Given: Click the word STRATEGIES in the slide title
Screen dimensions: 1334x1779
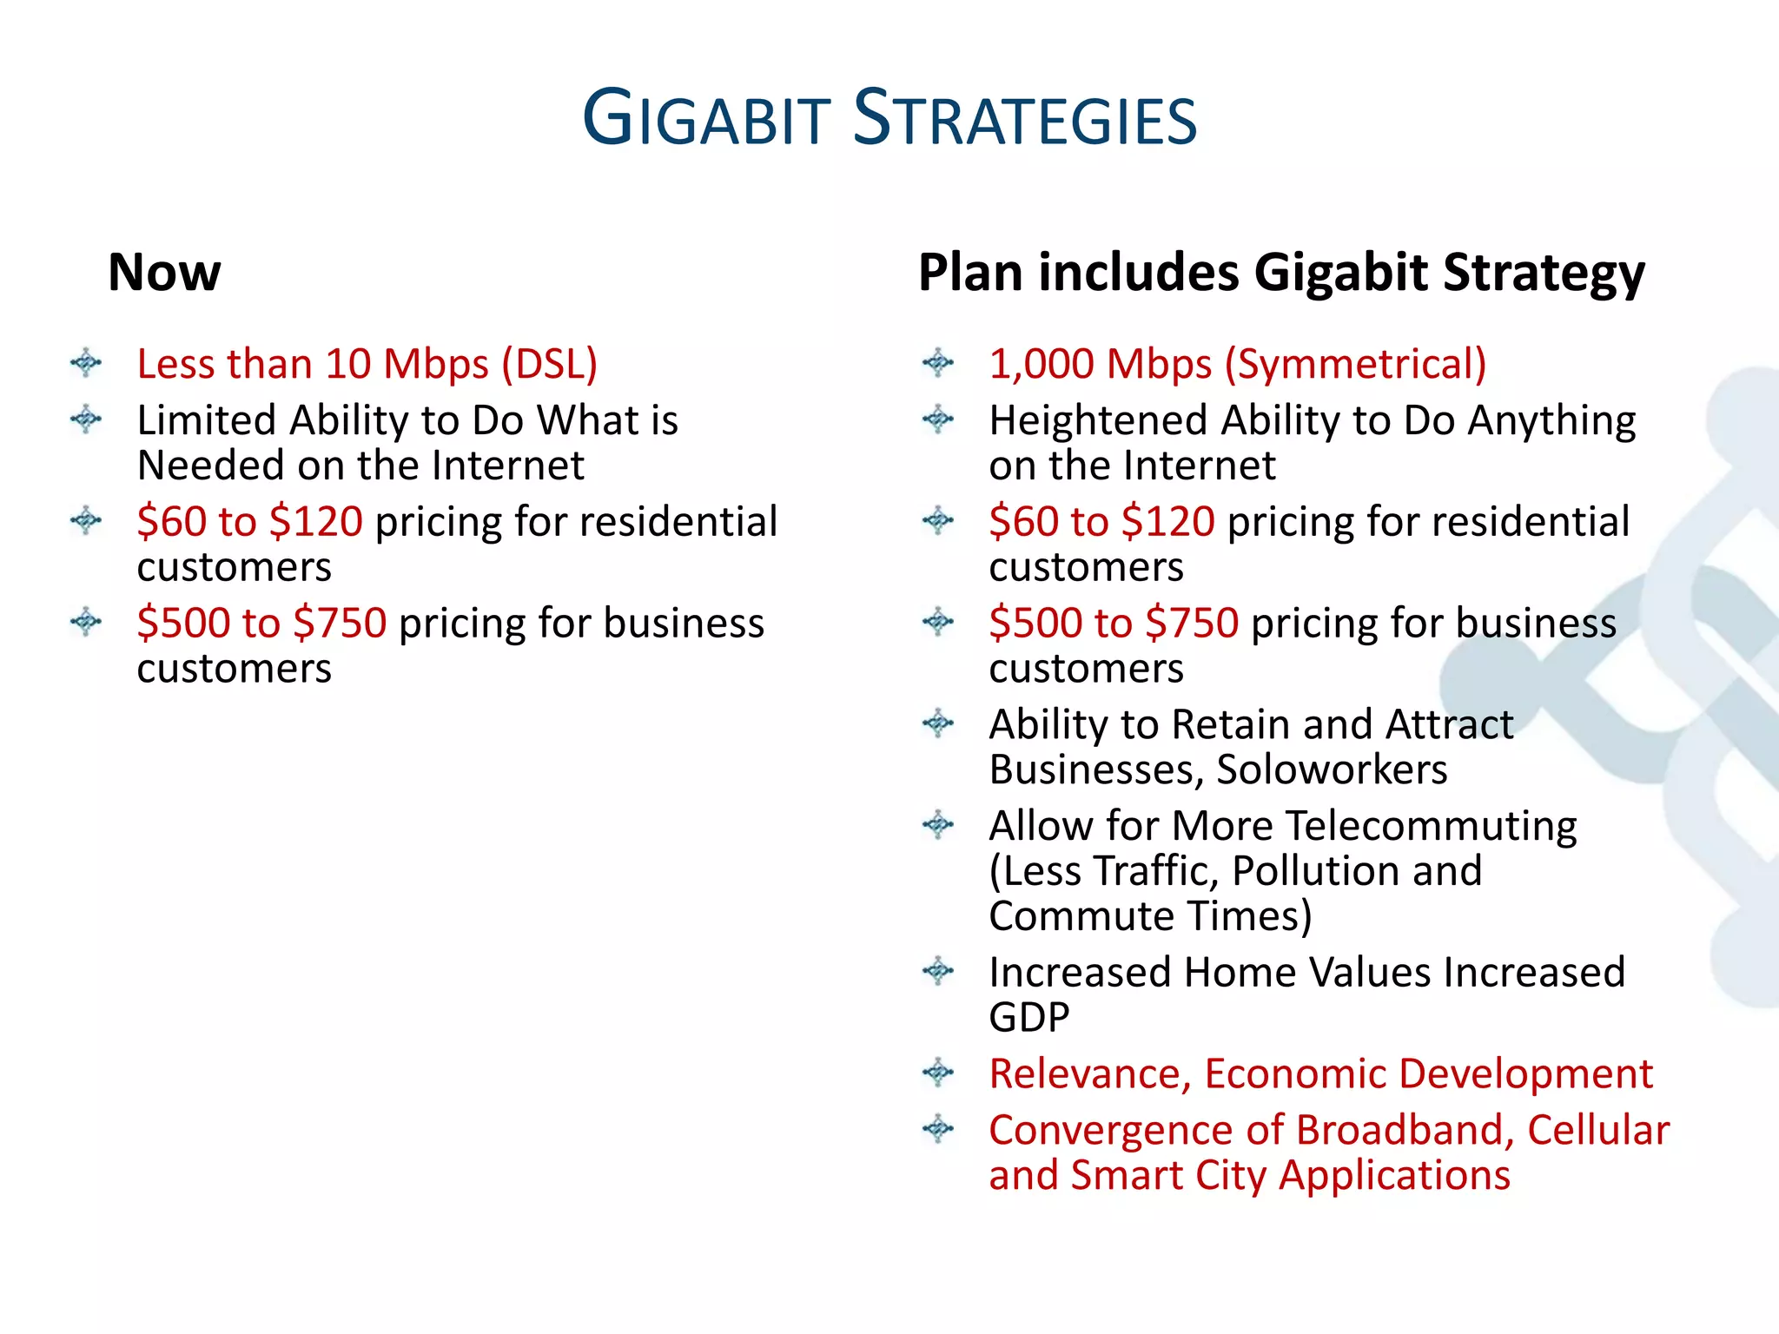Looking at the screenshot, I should pyautogui.click(x=1025, y=119).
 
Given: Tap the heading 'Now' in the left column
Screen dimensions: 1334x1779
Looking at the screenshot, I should pyautogui.click(x=164, y=272).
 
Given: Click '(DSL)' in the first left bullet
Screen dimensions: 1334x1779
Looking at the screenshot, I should pyautogui.click(x=550, y=364).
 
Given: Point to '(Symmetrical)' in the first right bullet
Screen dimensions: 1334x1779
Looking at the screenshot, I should pyautogui.click(x=1355, y=364).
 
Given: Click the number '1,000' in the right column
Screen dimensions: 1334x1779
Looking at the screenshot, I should pyautogui.click(x=1042, y=364).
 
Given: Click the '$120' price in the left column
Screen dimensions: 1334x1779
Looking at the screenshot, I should pyautogui.click(x=315, y=522).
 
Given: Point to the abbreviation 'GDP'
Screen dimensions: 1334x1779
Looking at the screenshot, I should pyautogui.click(x=1028, y=1018).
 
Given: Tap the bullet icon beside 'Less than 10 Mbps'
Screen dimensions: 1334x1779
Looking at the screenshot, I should pyautogui.click(x=86, y=362).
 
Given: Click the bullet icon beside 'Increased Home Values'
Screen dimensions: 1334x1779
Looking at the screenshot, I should pyautogui.click(x=938, y=970).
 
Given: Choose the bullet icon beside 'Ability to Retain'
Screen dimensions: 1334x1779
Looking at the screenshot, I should pyautogui.click(x=938, y=723).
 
